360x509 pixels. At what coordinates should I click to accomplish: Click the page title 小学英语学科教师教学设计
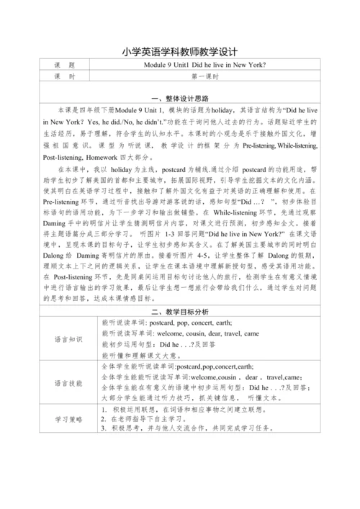(x=180, y=52)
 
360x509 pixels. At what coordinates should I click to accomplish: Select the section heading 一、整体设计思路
(x=180, y=98)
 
